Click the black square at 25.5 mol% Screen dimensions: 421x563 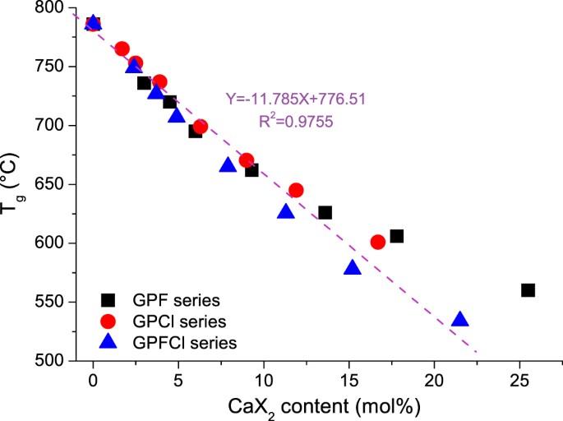(x=528, y=290)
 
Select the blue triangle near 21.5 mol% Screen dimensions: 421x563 (x=459, y=320)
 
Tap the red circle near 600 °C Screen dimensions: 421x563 (x=378, y=242)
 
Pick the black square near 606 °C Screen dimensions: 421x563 (x=396, y=236)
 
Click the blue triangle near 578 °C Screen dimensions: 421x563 (x=353, y=268)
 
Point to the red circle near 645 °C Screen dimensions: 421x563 (x=296, y=191)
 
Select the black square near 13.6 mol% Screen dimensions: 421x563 (x=325, y=213)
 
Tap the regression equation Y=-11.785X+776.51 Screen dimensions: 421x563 (x=295, y=99)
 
